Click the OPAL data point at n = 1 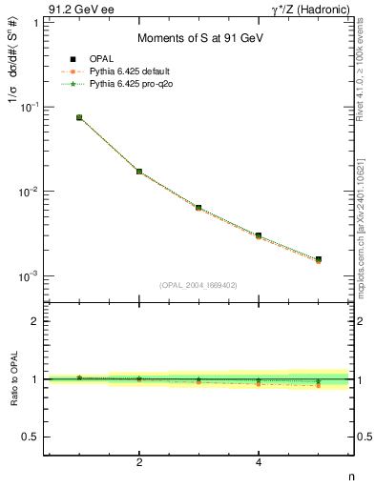(79, 117)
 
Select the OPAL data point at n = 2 (139, 172)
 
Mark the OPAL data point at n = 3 (198, 208)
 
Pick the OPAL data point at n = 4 (259, 235)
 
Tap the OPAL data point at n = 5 (318, 259)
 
